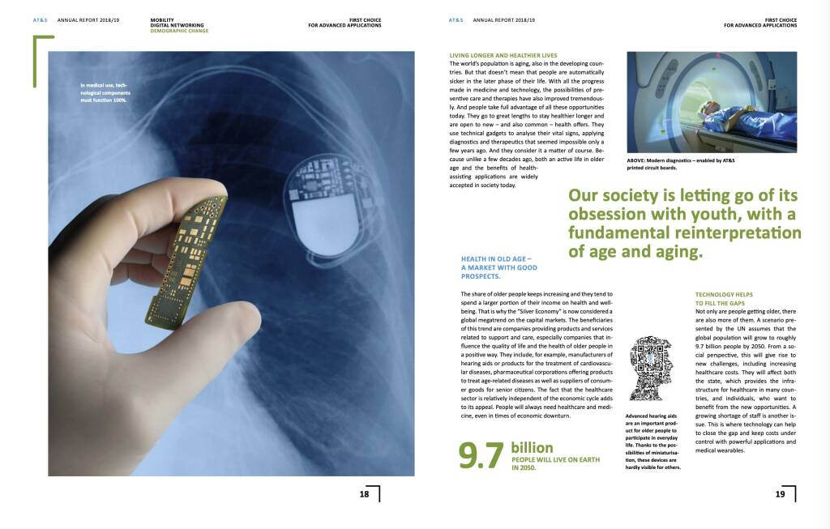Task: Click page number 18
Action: (x=364, y=493)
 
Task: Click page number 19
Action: (x=781, y=493)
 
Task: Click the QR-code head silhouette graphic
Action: (x=652, y=373)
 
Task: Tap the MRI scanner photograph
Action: (x=712, y=102)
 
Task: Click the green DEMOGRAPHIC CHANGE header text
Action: (x=179, y=30)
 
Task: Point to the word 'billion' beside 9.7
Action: (x=532, y=447)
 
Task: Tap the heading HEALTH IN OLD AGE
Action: (x=498, y=267)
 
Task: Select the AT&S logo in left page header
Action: (x=34, y=19)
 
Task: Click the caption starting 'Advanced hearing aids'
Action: (x=652, y=442)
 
